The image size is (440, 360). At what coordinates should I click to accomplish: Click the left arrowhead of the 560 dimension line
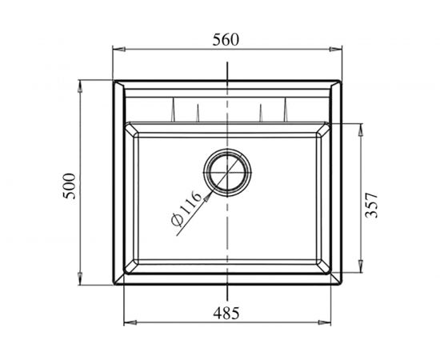pos(114,50)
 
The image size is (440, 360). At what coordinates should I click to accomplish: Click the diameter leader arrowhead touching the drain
pos(210,190)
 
